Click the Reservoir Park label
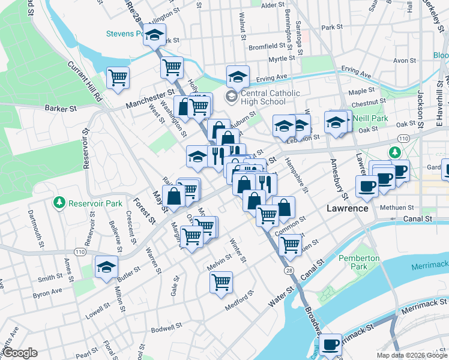95,203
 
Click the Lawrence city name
347,208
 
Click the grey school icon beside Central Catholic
231,97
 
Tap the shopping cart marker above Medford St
221,281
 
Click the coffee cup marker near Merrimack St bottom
330,344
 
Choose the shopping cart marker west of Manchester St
118,77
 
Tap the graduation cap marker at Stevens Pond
155,35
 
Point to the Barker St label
61,109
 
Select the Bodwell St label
166,328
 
